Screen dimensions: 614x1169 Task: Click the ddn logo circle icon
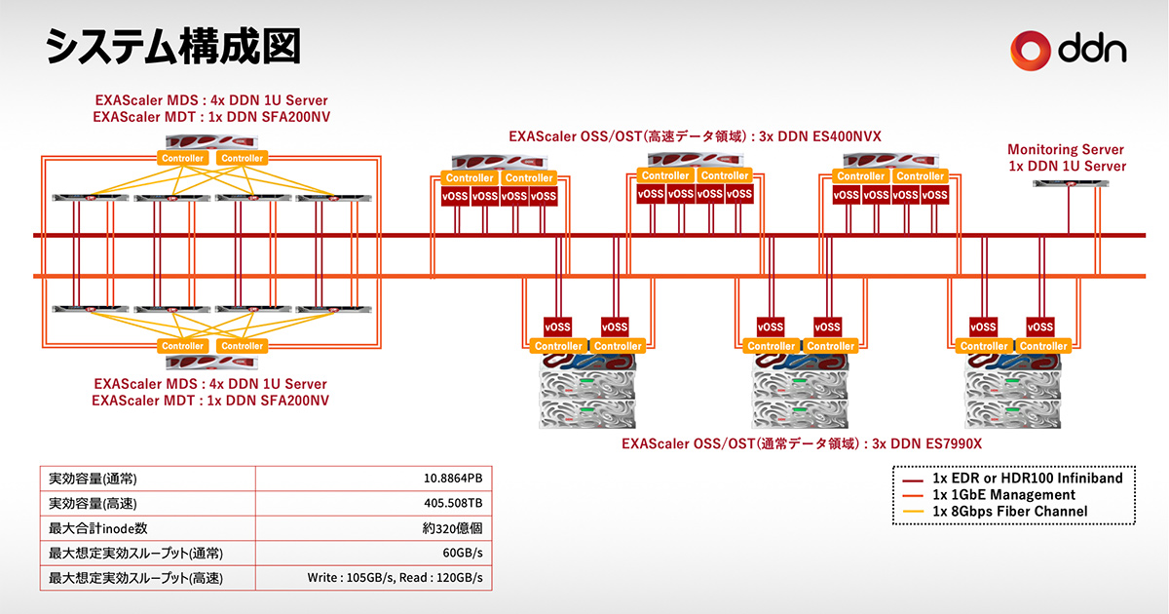1031,48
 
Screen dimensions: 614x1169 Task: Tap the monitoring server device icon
1066,183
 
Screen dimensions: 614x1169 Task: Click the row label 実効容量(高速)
93,504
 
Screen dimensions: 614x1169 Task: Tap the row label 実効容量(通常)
93,479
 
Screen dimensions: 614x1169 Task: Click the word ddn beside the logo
1092,48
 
